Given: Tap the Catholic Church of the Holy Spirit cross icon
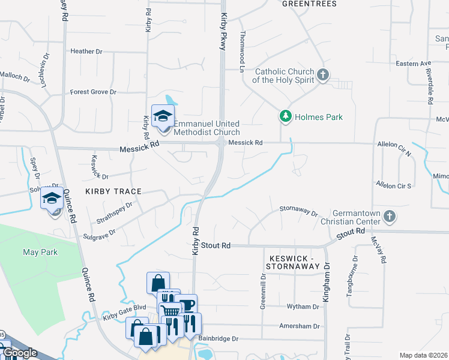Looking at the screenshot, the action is [324, 75].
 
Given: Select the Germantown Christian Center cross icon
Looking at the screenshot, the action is [389, 216].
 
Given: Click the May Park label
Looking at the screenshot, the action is [40, 252].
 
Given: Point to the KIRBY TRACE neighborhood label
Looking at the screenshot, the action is [113, 191].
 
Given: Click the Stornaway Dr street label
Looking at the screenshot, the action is [298, 211].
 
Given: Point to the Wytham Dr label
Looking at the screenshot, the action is [304, 307].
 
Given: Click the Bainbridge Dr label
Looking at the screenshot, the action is [218, 338].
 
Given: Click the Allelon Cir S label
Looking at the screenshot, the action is [393, 185].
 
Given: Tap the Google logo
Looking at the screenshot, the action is [19, 353].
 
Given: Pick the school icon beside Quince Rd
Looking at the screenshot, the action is [52, 197].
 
